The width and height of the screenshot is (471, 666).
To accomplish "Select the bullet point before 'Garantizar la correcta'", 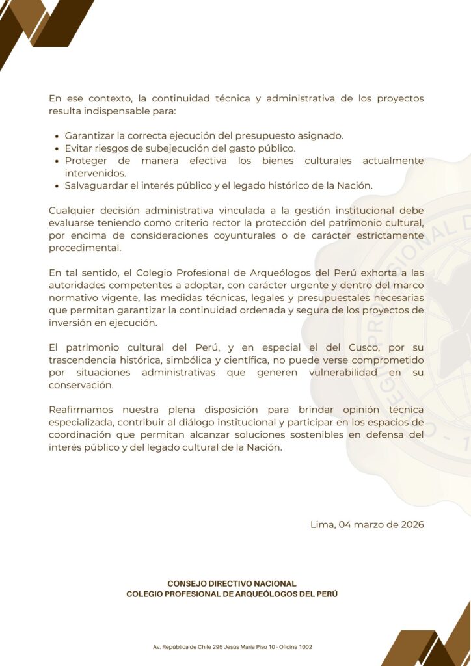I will [57, 136].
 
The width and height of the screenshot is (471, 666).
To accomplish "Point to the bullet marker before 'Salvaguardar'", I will [57, 186].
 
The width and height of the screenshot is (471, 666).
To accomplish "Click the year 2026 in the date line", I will [410, 525].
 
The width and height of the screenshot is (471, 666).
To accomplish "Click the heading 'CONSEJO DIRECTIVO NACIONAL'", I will [232, 584].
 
